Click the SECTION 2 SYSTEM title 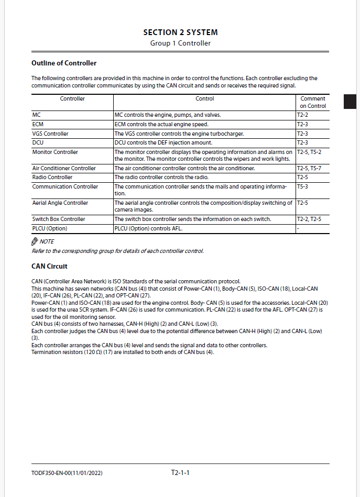pos(180,32)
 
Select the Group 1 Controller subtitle pos(180,43)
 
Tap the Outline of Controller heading pos(64,63)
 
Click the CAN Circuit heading pos(49,267)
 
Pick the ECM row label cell pos(38,125)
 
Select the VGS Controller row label pos(50,134)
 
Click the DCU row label pos(38,142)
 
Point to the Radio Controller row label pos(52,177)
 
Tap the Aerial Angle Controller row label pos(60,203)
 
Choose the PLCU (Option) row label pos(50,228)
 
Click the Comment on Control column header pos(313,102)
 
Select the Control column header pos(204,98)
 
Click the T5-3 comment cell pos(302,186)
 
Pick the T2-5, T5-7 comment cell pos(310,168)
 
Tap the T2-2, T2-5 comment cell pos(310,219)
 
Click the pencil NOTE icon pos(35,241)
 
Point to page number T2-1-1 pos(180,473)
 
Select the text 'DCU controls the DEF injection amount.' pos(163,142)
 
